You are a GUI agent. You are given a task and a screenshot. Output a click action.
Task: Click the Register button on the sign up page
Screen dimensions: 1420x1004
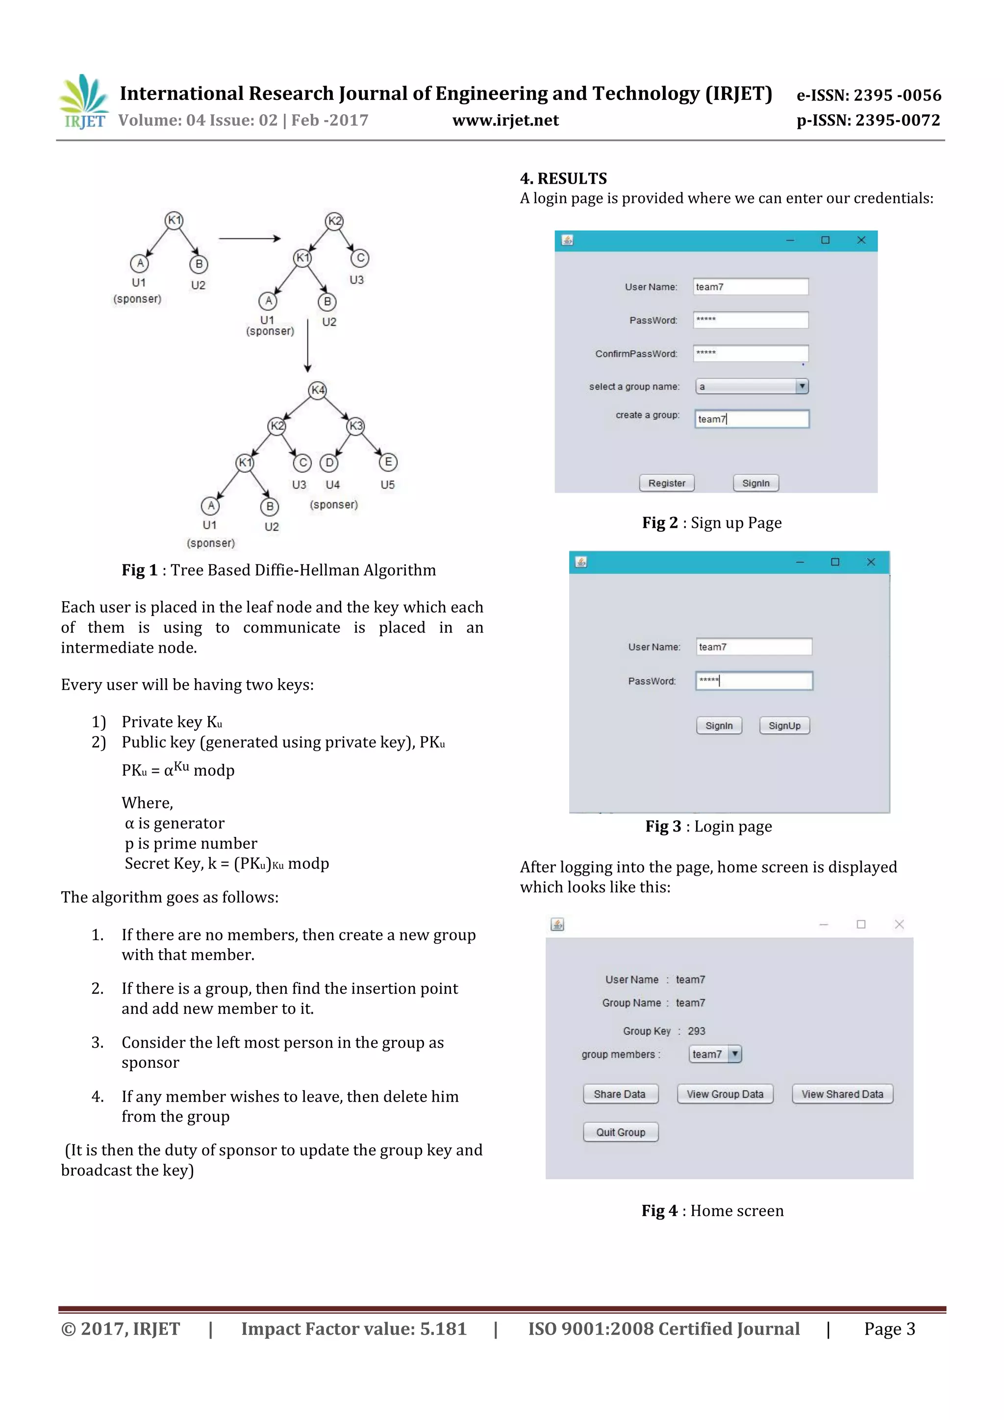666,483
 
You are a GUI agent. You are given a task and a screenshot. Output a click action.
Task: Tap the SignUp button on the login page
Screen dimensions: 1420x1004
784,726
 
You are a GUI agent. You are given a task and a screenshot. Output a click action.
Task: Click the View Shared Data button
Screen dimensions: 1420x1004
842,1094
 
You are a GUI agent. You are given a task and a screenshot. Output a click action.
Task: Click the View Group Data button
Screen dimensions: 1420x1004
725,1094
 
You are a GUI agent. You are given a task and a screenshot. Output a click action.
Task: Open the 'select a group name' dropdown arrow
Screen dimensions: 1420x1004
802,387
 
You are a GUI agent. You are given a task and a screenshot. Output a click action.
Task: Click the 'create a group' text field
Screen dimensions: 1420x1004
751,419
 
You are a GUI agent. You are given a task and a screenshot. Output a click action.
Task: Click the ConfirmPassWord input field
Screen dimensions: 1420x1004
750,353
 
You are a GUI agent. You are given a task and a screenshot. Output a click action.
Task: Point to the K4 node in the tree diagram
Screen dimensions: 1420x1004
317,390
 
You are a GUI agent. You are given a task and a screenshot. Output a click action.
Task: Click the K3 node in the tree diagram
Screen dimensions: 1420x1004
356,425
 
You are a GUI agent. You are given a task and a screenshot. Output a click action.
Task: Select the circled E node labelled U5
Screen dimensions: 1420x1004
388,462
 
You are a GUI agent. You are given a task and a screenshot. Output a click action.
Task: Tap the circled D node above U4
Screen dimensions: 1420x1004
329,463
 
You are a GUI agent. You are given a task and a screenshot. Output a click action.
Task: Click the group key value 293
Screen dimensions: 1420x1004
696,1031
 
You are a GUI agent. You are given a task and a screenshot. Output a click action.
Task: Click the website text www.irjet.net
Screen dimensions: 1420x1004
505,121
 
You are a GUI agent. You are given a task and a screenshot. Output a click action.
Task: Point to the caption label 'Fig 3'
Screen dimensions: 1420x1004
662,826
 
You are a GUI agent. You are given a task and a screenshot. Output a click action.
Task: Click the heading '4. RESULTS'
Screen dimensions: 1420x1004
563,179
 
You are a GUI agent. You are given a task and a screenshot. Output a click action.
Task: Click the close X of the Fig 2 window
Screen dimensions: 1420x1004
860,240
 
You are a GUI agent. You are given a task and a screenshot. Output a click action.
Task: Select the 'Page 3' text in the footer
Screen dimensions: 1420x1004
889,1329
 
